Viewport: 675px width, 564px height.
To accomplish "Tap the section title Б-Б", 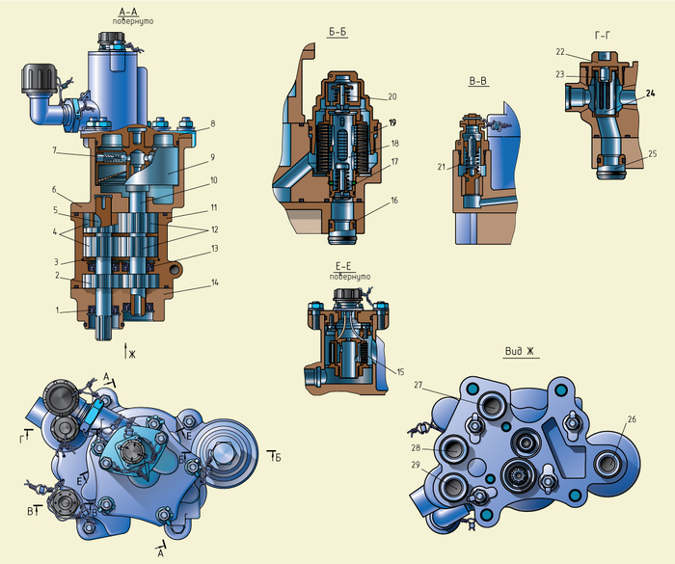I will point(337,32).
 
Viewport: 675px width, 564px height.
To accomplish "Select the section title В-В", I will point(477,82).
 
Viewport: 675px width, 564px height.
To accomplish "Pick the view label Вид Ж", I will point(521,351).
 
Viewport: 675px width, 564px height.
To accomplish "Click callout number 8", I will point(211,124).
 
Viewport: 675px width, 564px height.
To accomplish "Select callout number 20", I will point(392,96).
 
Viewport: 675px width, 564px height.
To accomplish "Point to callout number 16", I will point(392,201).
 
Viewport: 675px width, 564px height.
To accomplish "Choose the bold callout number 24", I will point(650,94).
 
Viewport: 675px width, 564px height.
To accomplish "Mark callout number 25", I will point(652,153).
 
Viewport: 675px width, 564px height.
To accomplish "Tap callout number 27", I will point(418,385).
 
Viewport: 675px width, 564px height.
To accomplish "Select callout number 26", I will point(632,419).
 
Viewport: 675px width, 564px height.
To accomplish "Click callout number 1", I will point(59,310).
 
